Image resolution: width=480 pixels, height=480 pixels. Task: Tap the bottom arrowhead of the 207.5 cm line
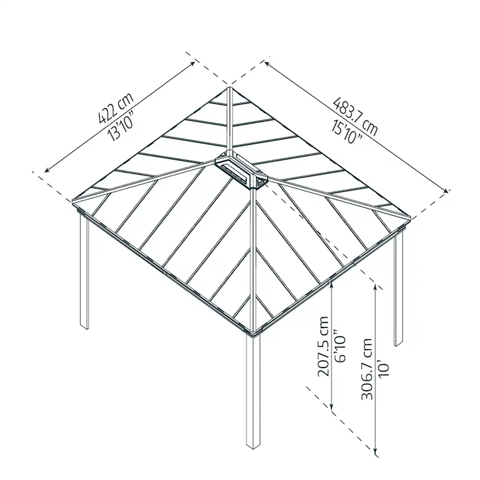click(x=331, y=408)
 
